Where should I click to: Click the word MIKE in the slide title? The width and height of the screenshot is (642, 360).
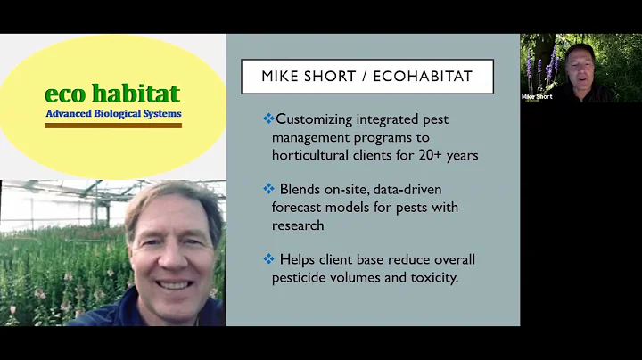[x=284, y=77]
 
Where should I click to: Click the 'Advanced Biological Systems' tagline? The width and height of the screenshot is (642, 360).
[x=113, y=114]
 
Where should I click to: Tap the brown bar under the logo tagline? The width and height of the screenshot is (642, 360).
[x=113, y=126]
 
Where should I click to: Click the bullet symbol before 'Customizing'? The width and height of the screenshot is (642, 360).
[x=268, y=119]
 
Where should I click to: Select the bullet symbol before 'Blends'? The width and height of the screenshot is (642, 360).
[x=268, y=189]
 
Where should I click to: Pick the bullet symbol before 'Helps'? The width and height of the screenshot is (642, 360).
[x=268, y=258]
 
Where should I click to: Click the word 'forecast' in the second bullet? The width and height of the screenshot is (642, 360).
[x=300, y=207]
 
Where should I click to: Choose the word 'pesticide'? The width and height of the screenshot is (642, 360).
[x=303, y=276]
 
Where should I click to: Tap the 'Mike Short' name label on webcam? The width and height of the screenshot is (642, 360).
[x=538, y=96]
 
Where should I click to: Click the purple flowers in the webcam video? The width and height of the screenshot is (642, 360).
[x=533, y=67]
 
